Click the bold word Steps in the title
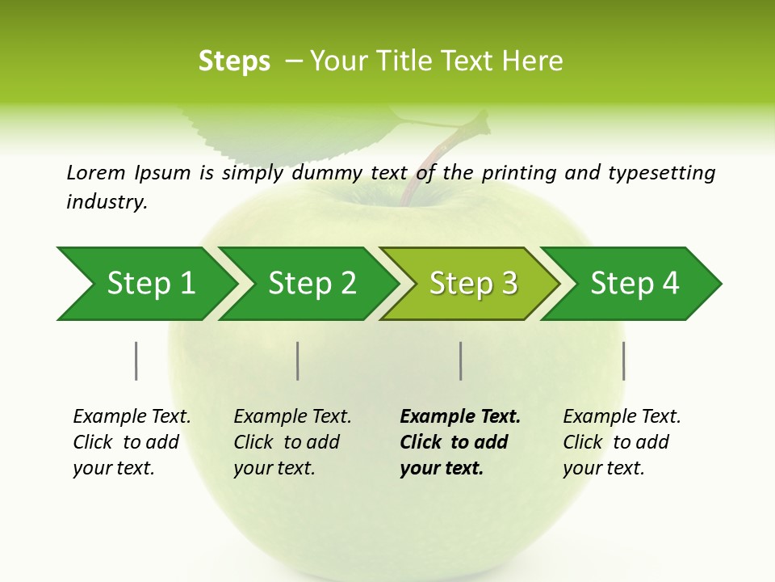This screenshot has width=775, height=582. [x=234, y=61]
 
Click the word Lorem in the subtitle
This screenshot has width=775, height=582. [x=96, y=172]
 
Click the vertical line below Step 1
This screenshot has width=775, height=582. [x=136, y=361]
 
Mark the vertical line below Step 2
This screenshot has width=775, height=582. [x=298, y=361]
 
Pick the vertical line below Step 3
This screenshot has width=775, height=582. [x=461, y=361]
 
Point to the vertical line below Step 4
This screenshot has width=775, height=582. [x=624, y=361]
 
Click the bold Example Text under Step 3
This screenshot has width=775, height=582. [x=460, y=417]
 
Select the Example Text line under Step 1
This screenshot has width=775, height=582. [x=132, y=417]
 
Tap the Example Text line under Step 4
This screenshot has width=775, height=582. [x=622, y=417]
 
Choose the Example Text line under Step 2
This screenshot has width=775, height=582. [x=292, y=417]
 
